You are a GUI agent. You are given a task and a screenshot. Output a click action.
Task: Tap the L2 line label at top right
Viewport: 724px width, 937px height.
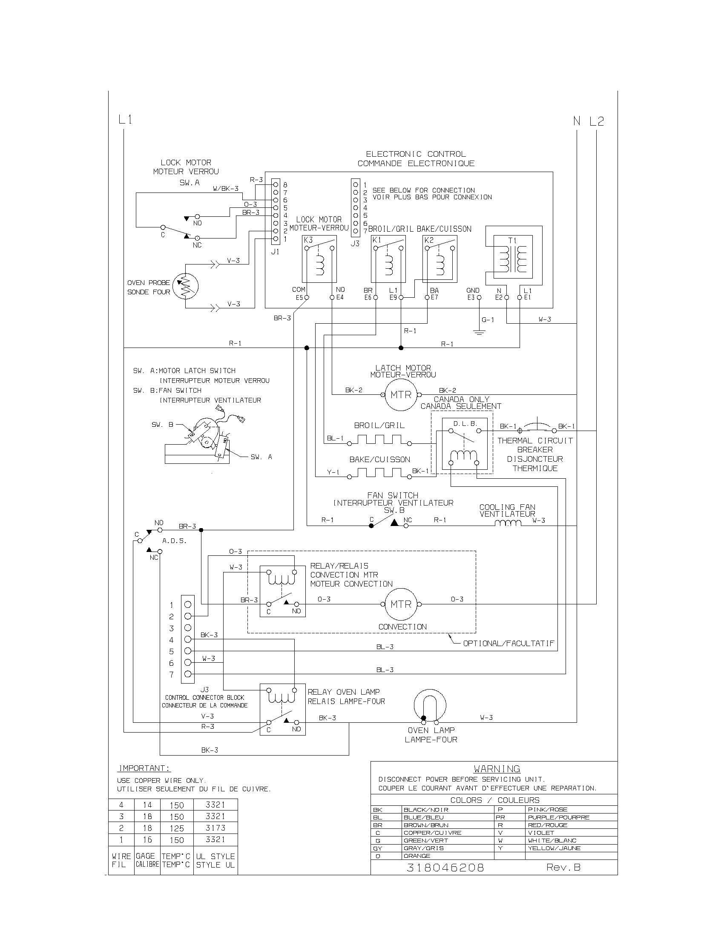point(596,121)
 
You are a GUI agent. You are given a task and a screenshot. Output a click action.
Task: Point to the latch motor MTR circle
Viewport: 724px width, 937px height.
point(401,395)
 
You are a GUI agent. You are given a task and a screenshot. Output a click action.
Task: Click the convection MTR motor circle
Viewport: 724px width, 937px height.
point(401,604)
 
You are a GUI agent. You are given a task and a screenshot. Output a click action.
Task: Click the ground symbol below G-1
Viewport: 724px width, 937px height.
point(479,333)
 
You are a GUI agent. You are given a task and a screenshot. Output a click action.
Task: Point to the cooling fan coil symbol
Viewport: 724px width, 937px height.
point(508,523)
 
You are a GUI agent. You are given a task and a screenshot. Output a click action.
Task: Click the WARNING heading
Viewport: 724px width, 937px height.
point(497,769)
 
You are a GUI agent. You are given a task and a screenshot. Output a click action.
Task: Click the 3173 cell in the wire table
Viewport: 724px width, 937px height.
point(215,828)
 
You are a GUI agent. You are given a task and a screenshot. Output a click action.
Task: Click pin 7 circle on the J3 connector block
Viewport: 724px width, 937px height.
point(188,674)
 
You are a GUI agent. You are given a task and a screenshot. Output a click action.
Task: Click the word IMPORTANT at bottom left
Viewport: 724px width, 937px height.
point(144,768)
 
